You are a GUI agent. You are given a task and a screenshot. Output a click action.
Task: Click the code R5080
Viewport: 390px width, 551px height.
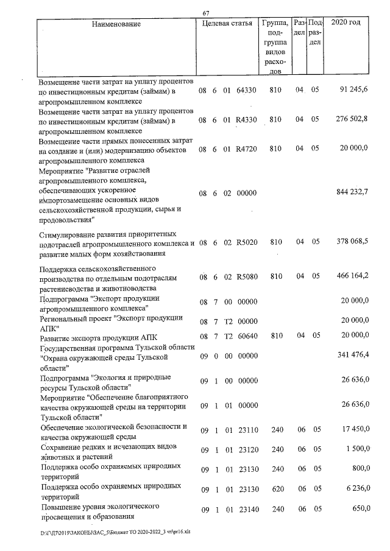[x=246, y=277]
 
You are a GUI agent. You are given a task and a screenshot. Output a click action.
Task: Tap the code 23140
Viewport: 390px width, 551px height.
[x=246, y=508]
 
